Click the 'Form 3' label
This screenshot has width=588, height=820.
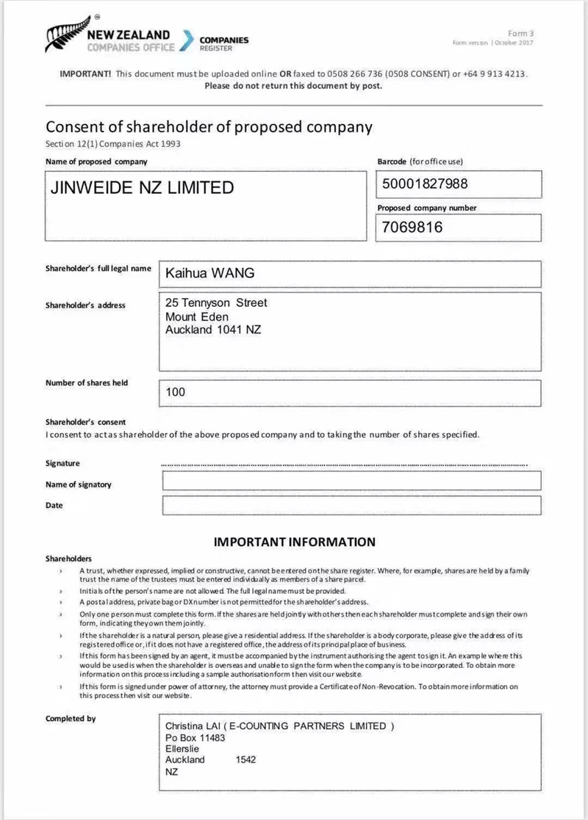tap(521, 33)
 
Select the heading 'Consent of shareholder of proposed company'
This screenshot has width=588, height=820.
tap(209, 127)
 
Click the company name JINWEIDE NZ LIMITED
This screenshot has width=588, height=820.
tap(141, 187)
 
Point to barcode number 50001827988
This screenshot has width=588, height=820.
tap(425, 184)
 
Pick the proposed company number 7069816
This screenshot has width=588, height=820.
tap(412, 227)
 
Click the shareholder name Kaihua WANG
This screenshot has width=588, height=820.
tap(210, 273)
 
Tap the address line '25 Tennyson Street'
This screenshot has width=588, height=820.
tap(216, 302)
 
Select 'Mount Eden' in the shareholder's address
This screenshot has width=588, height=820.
tap(197, 316)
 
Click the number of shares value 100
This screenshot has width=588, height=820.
tap(176, 392)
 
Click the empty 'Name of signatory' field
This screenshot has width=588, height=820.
tap(351, 481)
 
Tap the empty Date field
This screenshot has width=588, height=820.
tap(351, 505)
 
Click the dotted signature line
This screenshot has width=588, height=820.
tap(344, 465)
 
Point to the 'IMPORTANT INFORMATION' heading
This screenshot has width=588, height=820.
tap(294, 542)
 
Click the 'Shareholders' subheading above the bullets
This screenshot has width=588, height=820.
tap(68, 559)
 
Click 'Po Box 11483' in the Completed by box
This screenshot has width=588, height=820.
tap(195, 738)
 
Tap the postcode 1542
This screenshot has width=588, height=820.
tap(246, 760)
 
